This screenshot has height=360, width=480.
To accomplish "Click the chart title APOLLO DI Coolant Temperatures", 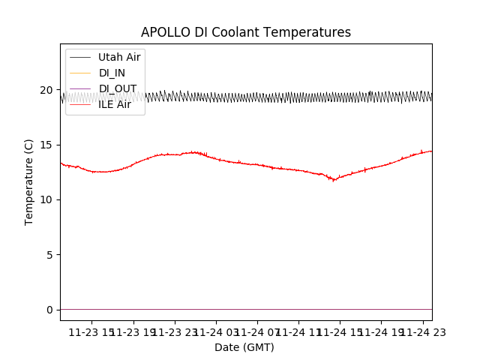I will tap(246, 33).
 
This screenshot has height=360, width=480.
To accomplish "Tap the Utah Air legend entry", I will tap(119, 57).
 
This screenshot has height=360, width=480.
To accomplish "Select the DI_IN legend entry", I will tap(112, 73).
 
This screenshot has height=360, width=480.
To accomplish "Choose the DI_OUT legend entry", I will tap(118, 88).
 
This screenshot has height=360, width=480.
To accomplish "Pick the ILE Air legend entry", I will tap(115, 104).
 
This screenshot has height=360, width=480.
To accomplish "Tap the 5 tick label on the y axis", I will tap(49, 255).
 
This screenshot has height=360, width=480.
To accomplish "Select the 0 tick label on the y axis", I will tap(49, 310).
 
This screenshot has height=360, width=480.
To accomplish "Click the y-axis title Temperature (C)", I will tap(29, 181).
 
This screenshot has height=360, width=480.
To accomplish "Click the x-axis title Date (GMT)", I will tap(244, 347).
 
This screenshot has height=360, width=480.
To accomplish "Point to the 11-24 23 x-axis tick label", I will tap(422, 333).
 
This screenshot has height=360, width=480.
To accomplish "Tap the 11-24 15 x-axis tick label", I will tap(340, 333).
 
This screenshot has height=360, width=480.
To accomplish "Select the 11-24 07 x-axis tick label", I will tap(257, 333).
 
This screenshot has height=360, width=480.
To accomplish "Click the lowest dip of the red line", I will tap(334, 180).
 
